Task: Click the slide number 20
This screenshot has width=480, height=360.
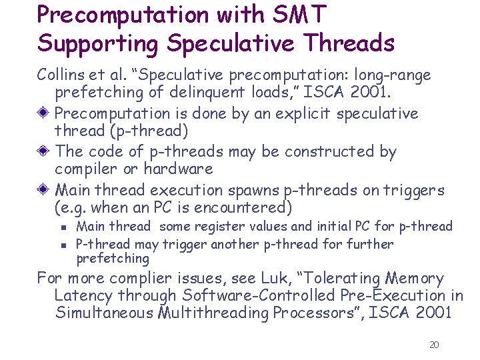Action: [434, 345]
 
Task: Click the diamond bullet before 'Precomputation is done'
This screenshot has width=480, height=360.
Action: [44, 113]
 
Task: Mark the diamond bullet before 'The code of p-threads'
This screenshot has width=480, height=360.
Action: [44, 151]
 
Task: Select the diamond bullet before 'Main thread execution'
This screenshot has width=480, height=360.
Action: [44, 189]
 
